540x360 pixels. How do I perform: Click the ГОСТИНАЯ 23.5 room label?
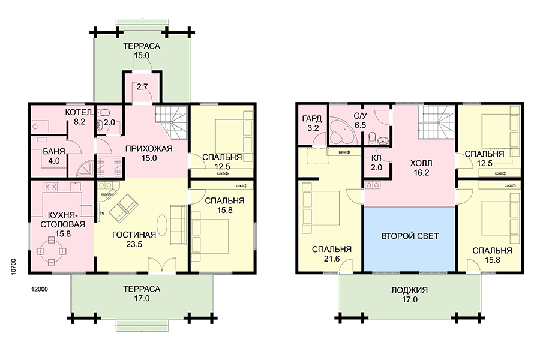pyautogui.click(x=134, y=239)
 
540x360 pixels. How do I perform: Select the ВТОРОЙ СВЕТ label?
pyautogui.click(x=410, y=236)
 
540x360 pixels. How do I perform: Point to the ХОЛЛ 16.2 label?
pyautogui.click(x=421, y=168)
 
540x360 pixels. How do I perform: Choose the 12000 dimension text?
pyautogui.click(x=39, y=289)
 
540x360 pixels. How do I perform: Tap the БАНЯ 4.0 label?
pyautogui.click(x=54, y=156)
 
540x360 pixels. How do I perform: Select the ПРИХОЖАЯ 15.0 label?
pyautogui.click(x=149, y=154)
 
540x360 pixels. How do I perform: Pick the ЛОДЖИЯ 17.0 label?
pyautogui.click(x=409, y=295)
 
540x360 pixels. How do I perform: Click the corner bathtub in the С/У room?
pyautogui.click(x=342, y=132)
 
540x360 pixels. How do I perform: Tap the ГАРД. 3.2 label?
pyautogui.click(x=313, y=124)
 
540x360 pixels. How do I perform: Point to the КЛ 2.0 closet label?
pyautogui.click(x=376, y=163)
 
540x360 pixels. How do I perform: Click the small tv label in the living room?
pyautogui.click(x=102, y=213)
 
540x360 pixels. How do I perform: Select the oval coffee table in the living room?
pyautogui.click(x=163, y=226)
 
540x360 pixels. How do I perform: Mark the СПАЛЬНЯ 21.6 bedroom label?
pyautogui.click(x=332, y=254)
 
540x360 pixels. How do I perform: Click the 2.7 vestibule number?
pyautogui.click(x=142, y=87)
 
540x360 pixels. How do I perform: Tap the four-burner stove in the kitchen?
pyautogui.click(x=51, y=187)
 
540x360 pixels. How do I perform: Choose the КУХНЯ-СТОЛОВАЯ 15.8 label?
pyautogui.click(x=63, y=224)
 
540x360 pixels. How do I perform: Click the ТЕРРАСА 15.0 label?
pyautogui.click(x=142, y=50)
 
